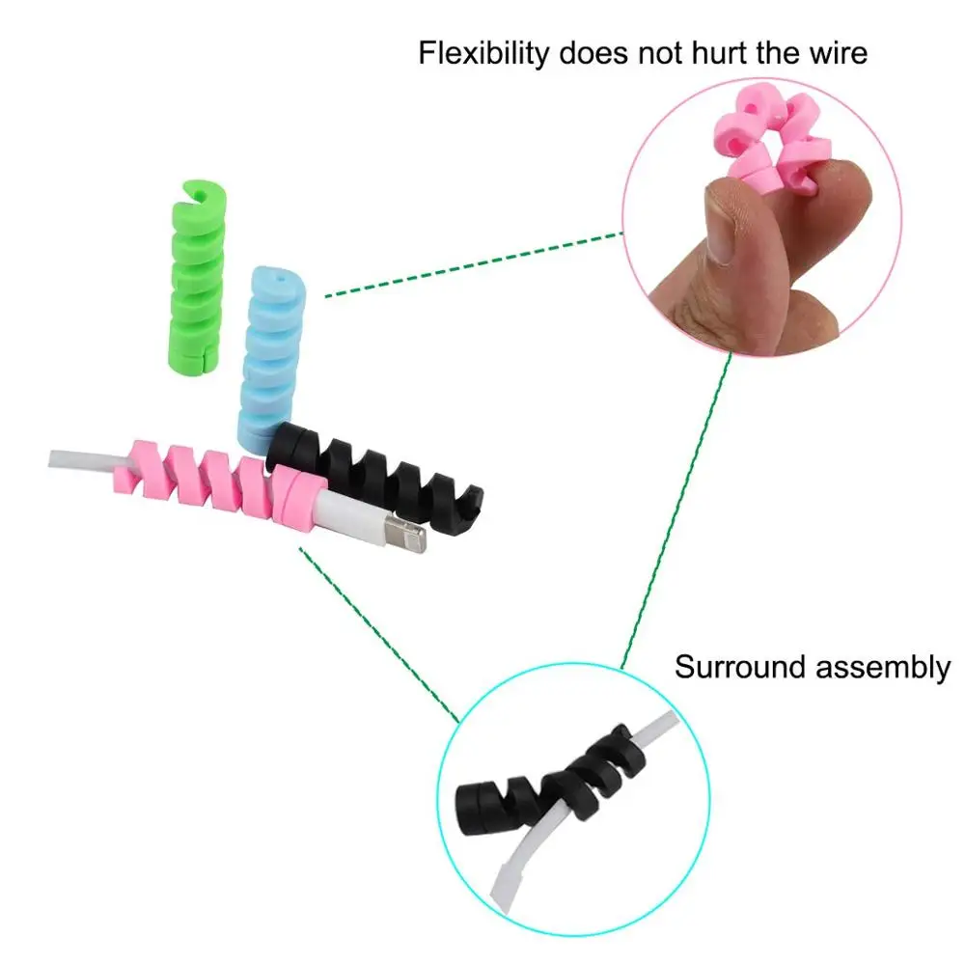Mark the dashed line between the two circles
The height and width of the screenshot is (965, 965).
pos(675,511)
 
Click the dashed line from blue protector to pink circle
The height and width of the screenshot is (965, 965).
pos(473,263)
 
